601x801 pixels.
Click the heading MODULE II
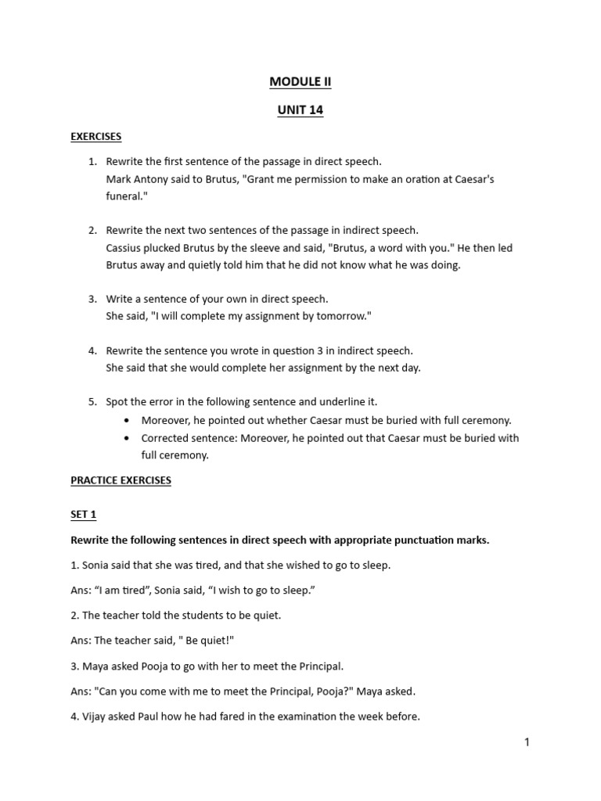click(x=300, y=81)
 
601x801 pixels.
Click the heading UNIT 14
click(x=300, y=110)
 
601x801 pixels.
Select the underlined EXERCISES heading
click(x=95, y=136)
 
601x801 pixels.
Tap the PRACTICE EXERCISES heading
click(x=121, y=480)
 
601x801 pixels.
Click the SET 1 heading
click(x=83, y=515)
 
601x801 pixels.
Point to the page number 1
click(x=527, y=742)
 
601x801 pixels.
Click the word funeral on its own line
click(x=125, y=196)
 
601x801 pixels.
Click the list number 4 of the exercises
click(x=92, y=351)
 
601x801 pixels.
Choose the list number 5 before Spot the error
click(x=92, y=402)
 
